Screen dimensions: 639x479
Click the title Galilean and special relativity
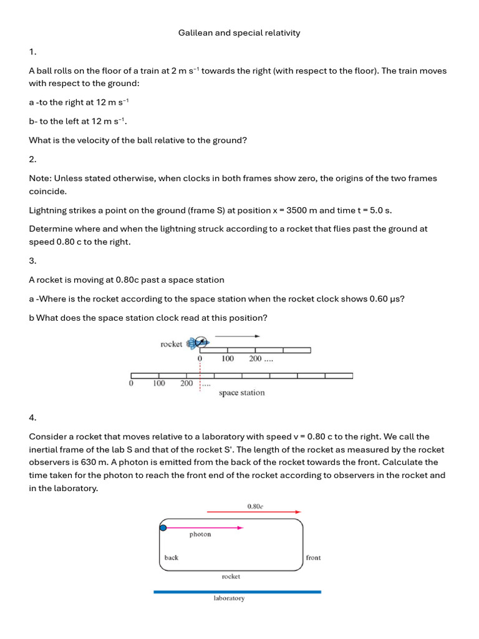point(239,32)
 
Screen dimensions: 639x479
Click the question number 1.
point(32,52)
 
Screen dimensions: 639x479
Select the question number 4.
point(32,417)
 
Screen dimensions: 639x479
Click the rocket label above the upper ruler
point(171,344)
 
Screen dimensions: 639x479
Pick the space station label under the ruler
point(241,393)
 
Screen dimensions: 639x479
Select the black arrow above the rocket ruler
point(238,336)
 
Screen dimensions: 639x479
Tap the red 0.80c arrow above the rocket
point(254,512)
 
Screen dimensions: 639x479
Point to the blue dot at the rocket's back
point(163,528)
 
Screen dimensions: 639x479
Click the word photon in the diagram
point(200,535)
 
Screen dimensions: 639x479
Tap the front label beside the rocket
point(314,557)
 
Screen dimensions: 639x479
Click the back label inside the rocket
point(172,557)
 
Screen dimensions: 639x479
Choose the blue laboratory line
point(237,592)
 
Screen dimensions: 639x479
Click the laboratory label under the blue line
point(229,598)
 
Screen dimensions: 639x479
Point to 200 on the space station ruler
point(186,384)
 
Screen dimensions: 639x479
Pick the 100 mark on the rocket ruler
point(228,359)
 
